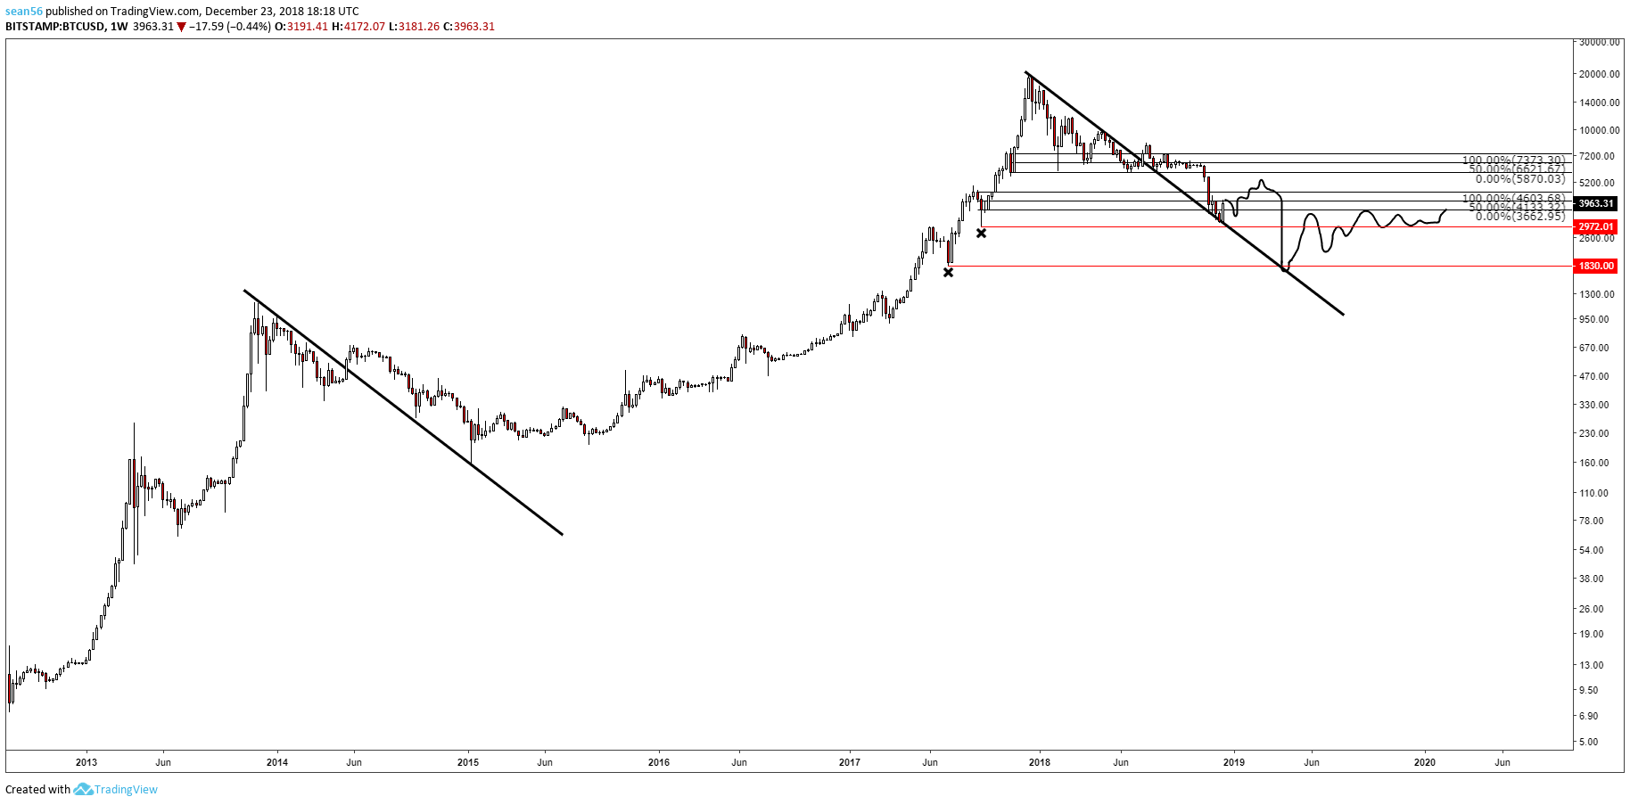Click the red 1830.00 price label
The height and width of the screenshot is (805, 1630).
(1595, 266)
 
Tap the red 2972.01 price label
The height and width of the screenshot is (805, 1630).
(1595, 226)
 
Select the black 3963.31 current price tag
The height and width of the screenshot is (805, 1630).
(1595, 203)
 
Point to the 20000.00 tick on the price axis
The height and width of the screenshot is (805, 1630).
(1599, 74)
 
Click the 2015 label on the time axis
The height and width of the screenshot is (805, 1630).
(468, 762)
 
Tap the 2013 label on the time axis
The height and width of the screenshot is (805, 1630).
(86, 762)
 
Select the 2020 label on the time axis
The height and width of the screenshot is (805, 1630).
(1425, 762)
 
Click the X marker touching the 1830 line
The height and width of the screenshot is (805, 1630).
(948, 272)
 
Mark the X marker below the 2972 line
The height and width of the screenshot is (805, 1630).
(981, 233)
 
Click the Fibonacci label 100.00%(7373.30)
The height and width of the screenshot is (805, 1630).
(1513, 160)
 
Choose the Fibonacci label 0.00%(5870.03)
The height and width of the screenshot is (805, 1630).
(1519, 179)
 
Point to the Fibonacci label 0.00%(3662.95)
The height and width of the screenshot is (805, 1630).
(1519, 217)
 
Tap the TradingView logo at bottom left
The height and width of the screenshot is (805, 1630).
(116, 789)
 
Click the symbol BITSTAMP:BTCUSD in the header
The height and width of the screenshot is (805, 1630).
(54, 27)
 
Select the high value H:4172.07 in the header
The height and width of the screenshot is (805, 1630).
(358, 27)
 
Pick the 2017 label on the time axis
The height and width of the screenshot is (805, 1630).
(850, 762)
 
